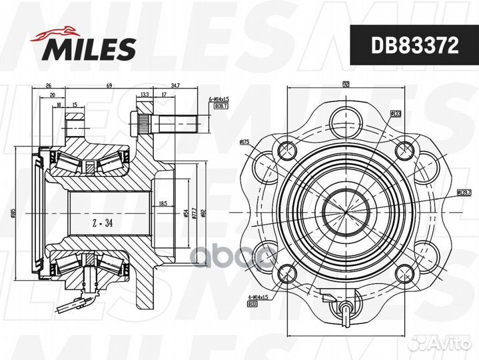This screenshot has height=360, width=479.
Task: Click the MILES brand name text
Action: (x=90, y=48)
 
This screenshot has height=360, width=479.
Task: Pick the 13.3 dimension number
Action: (x=145, y=95)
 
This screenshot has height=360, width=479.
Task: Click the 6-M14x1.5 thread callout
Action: (x=219, y=97)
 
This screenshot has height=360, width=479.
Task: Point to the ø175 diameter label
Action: (x=243, y=142)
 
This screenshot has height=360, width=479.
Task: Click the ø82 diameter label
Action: (x=203, y=213)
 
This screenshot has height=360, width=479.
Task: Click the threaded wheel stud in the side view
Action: (x=171, y=125)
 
